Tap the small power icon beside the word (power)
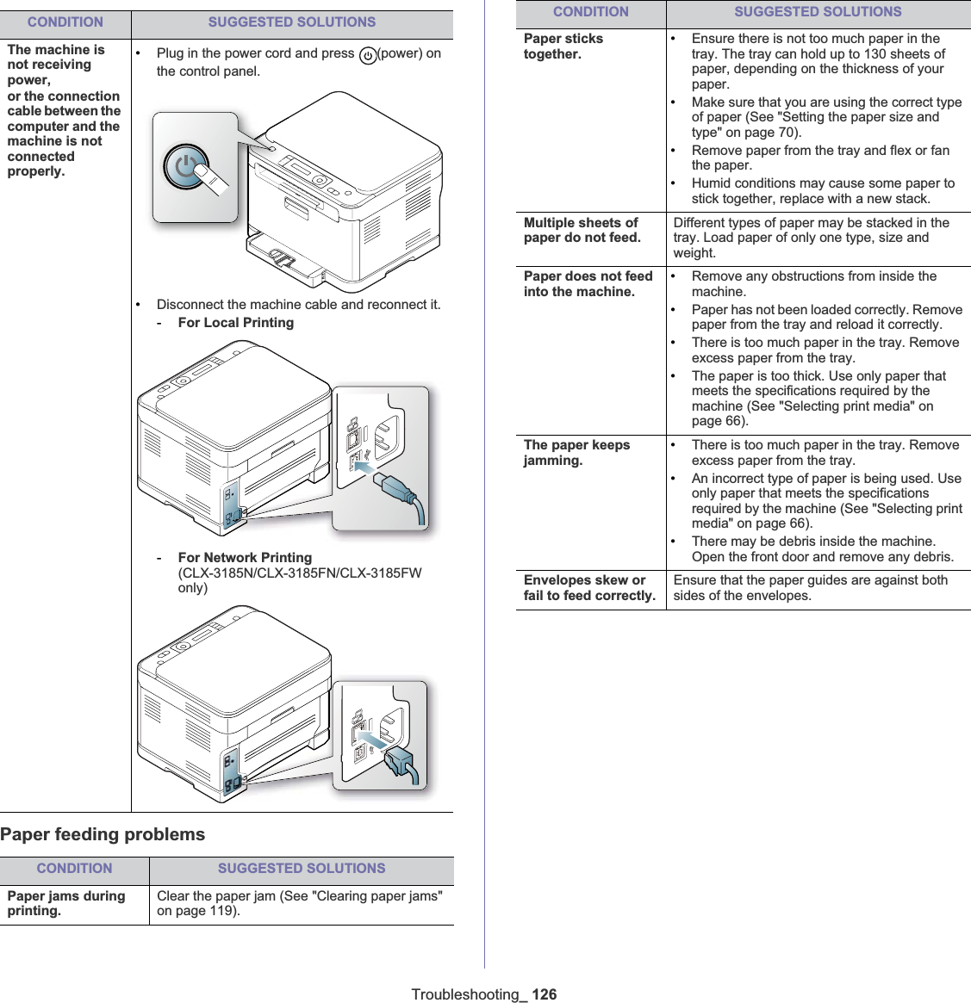(368, 55)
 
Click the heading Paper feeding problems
(103, 834)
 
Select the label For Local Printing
(235, 323)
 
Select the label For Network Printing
(245, 558)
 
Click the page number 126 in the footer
(544, 994)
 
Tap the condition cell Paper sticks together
(563, 46)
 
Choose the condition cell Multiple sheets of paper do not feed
(582, 230)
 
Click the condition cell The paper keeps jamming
(576, 453)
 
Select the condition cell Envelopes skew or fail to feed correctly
(589, 588)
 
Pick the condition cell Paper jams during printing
(66, 903)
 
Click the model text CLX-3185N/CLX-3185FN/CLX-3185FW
(300, 573)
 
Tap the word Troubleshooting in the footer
(466, 994)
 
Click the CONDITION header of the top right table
(590, 12)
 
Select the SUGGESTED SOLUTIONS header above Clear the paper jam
(302, 869)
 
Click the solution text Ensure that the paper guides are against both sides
(810, 588)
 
